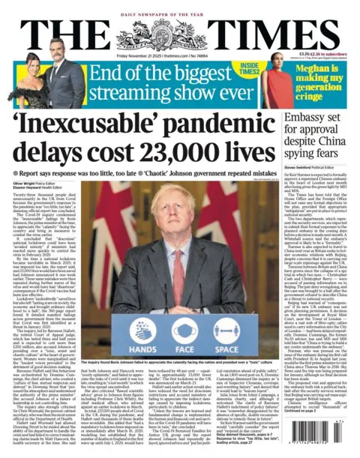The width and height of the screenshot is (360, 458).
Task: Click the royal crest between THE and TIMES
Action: click(x=180, y=31)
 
